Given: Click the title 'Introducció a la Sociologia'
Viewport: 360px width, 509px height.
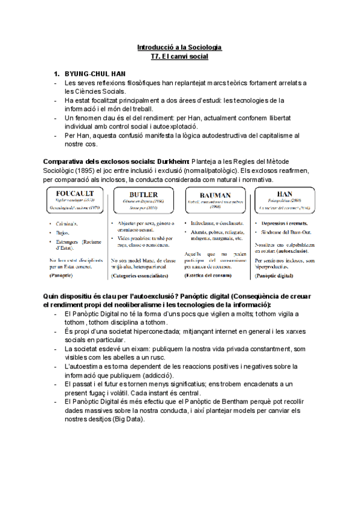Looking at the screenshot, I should pyautogui.click(x=179, y=46).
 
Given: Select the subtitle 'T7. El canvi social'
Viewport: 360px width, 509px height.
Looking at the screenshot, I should pyautogui.click(x=179, y=56).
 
